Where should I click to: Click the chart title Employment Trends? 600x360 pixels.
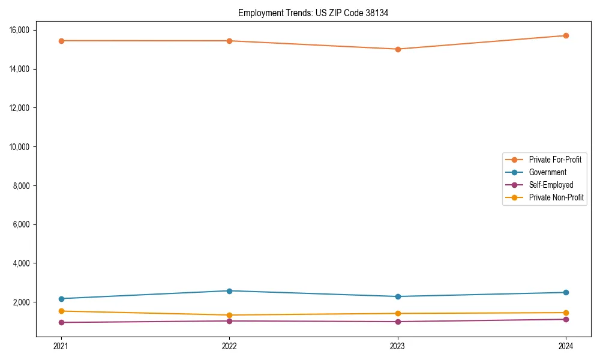coord(313,13)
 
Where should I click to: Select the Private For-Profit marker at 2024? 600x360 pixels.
coord(566,35)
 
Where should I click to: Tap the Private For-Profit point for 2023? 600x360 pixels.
coord(398,49)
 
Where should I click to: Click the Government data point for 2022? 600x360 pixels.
coord(229,291)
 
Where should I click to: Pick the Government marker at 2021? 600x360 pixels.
coord(61,299)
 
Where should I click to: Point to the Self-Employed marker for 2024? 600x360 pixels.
coord(566,319)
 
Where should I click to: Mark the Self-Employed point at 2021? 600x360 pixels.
coord(61,322)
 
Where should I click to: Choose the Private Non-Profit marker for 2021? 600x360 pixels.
coord(61,311)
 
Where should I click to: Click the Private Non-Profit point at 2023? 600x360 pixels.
coord(398,313)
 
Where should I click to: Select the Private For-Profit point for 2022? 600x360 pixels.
coord(229,41)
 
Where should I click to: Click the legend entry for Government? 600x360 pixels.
coord(547,172)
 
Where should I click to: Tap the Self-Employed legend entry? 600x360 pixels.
coord(551,185)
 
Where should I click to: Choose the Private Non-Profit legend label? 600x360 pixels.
coord(556,197)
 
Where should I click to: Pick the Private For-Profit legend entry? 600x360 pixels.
coord(555,160)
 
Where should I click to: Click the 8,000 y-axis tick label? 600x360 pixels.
coord(25,185)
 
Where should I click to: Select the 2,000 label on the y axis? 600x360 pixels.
coord(25,302)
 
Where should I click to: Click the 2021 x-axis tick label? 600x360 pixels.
coord(61,346)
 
